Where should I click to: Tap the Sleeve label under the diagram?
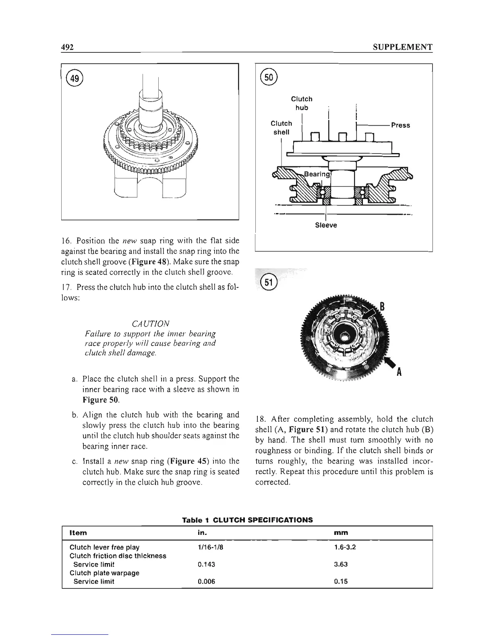(x=325, y=225)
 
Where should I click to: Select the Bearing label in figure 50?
(x=317, y=174)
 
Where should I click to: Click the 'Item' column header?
(x=78, y=532)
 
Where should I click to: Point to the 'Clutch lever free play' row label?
(x=105, y=547)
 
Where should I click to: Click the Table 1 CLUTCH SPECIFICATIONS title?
(x=247, y=520)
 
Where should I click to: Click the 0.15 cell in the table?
(x=341, y=582)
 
